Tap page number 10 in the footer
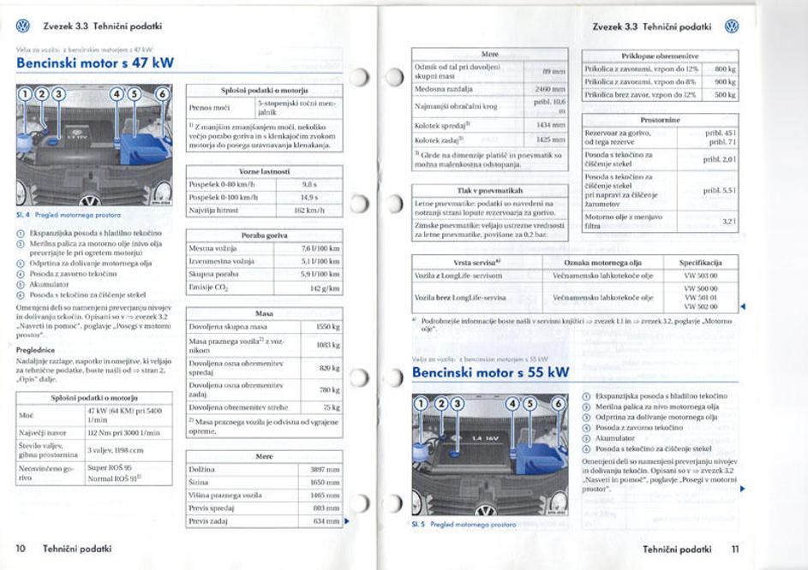pos(21,548)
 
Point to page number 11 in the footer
pos(735,548)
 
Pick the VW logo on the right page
pos(732,27)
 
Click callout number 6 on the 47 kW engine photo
pos(161,93)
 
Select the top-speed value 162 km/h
pos(308,210)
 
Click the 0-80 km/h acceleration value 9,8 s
pos(310,184)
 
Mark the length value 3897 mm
pos(326,470)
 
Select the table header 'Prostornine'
pos(660,121)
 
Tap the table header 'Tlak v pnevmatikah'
pos(490,190)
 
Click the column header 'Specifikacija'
pos(701,262)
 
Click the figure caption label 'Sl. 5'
pos(419,524)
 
